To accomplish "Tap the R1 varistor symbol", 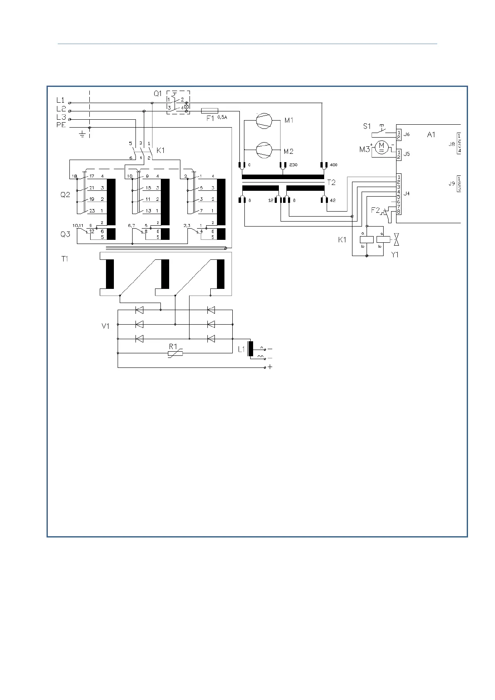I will tap(175, 353).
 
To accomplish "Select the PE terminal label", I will tap(61, 125).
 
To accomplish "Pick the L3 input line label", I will tap(61, 117).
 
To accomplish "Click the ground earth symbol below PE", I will tap(82, 134).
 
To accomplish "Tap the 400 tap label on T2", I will tap(333, 165).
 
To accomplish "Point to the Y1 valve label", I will tap(395, 255).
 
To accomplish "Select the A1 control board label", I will tap(431, 134).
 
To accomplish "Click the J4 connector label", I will tap(406, 193).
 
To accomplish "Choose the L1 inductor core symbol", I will tap(250, 349).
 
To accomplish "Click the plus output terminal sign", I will tap(270, 367).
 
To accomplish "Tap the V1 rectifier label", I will tap(106, 326).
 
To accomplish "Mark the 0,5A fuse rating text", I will tap(222, 117).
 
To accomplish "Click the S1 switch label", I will tap(367, 126).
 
